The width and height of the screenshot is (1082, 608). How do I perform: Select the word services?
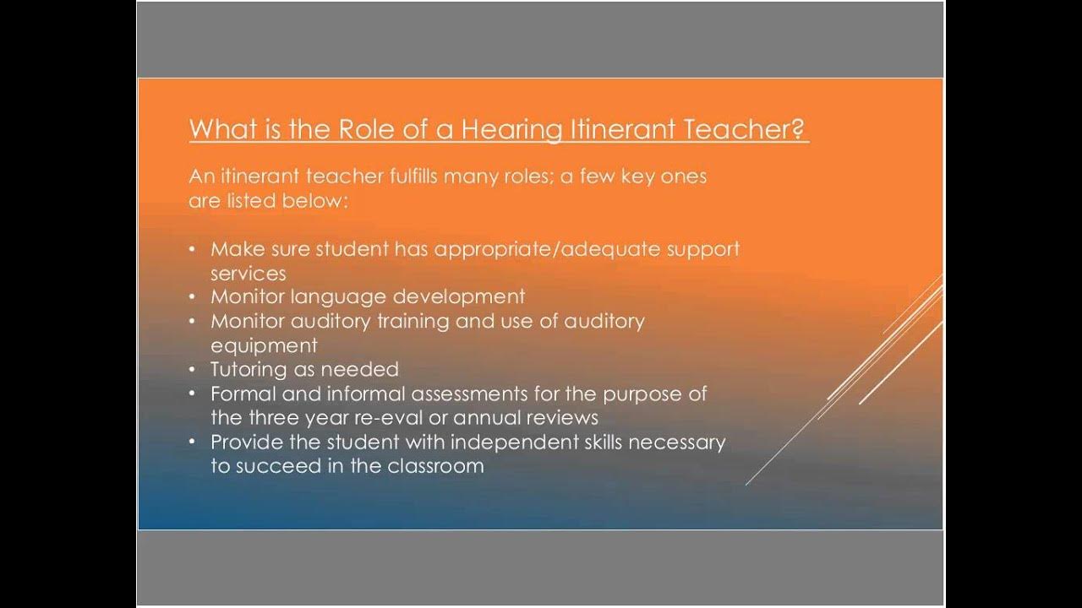(x=248, y=274)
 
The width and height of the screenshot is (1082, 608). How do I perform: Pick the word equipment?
(x=264, y=345)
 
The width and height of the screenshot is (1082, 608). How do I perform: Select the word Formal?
(x=240, y=394)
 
